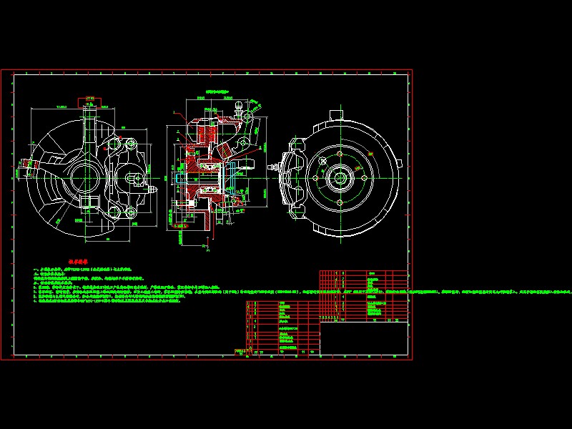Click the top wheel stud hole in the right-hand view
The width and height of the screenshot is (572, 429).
pos(339,155)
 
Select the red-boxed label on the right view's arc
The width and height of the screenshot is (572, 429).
pos(370,152)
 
